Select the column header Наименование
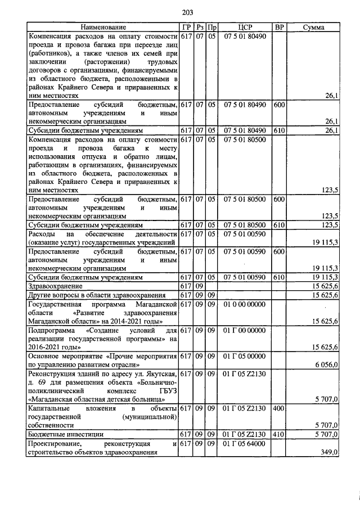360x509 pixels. coord(103,27)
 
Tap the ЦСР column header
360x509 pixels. coord(245,27)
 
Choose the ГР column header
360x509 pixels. coord(186,27)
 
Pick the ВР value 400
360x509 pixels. coord(278,408)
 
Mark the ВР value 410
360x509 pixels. coord(278,434)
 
